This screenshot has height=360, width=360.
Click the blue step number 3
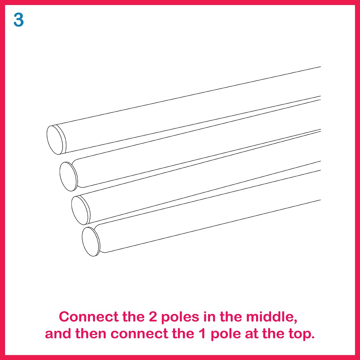click(19, 20)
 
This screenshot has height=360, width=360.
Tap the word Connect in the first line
click(89, 317)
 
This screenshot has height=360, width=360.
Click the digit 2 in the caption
click(153, 317)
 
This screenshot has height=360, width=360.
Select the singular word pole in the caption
click(226, 334)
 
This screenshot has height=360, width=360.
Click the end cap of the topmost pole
click(55, 140)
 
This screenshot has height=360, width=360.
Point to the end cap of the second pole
click(68, 176)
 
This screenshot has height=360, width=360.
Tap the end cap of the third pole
click(80, 210)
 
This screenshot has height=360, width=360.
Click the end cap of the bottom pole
click(91, 242)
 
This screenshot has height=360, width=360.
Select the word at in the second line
click(252, 334)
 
